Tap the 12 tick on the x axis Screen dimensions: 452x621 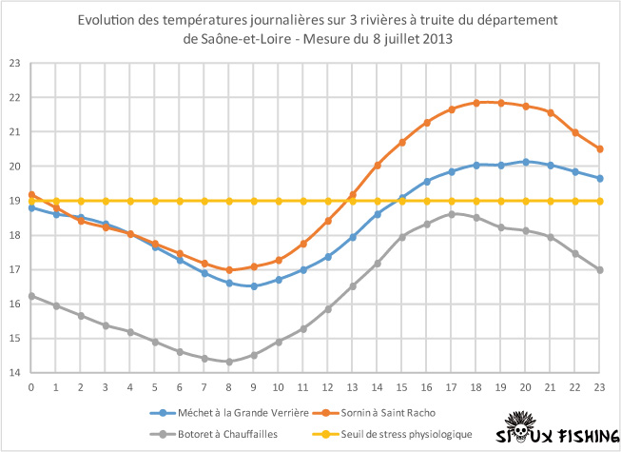[x=328, y=387]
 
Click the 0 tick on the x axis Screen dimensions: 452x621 [x=31, y=387]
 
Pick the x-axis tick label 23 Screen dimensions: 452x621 [x=600, y=387]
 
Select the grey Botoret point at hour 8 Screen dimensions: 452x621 [x=229, y=362]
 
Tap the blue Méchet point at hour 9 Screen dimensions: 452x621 [x=254, y=286]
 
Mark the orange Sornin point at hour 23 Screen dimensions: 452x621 [x=600, y=148]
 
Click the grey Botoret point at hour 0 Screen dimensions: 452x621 [x=31, y=296]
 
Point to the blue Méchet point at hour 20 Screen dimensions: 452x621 [x=526, y=162]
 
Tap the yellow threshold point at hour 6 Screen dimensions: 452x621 [x=180, y=201]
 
